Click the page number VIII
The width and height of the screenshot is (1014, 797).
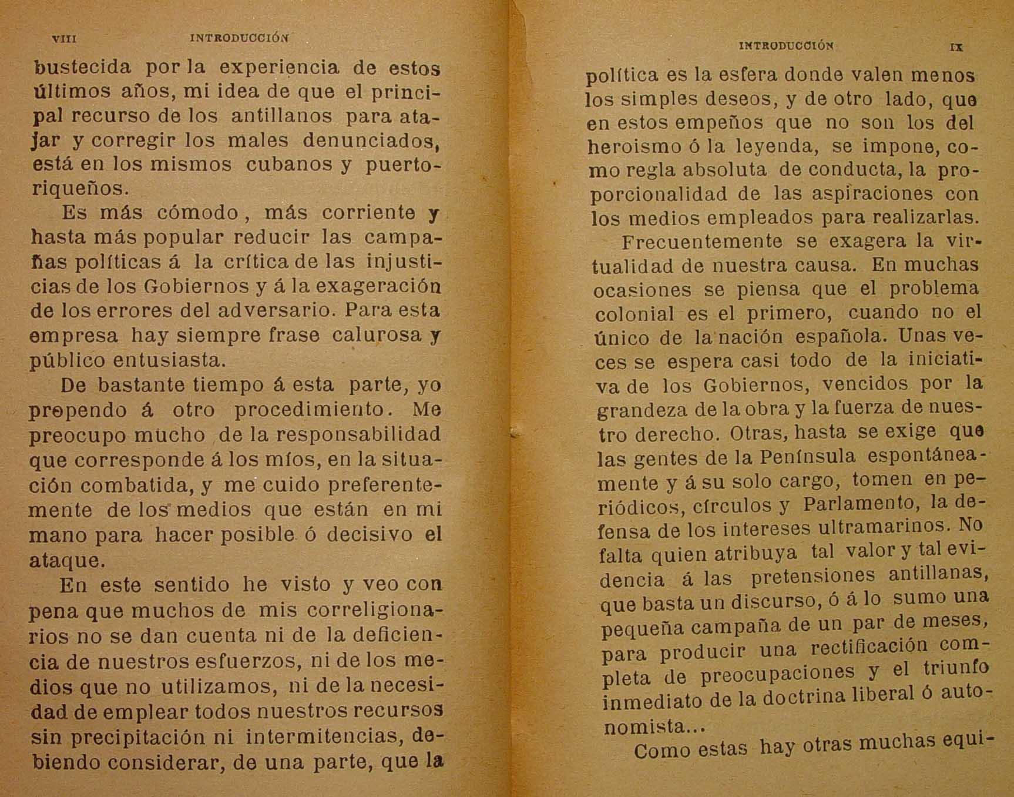pos(65,39)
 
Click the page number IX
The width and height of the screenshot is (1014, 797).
pos(956,48)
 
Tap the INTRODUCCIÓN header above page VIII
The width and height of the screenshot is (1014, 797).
pos(240,39)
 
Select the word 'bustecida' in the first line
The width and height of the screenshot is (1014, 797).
pos(82,68)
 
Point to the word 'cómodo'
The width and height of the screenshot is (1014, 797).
pos(198,213)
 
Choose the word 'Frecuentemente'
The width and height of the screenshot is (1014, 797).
pos(702,242)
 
